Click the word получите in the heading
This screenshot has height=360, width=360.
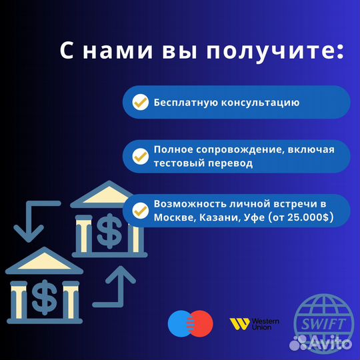tap(288, 51)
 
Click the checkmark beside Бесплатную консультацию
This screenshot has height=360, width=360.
tap(140, 103)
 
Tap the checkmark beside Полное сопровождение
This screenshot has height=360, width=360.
tap(140, 156)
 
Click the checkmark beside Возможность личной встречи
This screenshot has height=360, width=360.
tap(140, 211)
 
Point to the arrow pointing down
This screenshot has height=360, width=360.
tap(29, 221)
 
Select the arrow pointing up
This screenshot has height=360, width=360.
tap(120, 283)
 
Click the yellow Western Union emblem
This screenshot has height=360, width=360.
tap(239, 325)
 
